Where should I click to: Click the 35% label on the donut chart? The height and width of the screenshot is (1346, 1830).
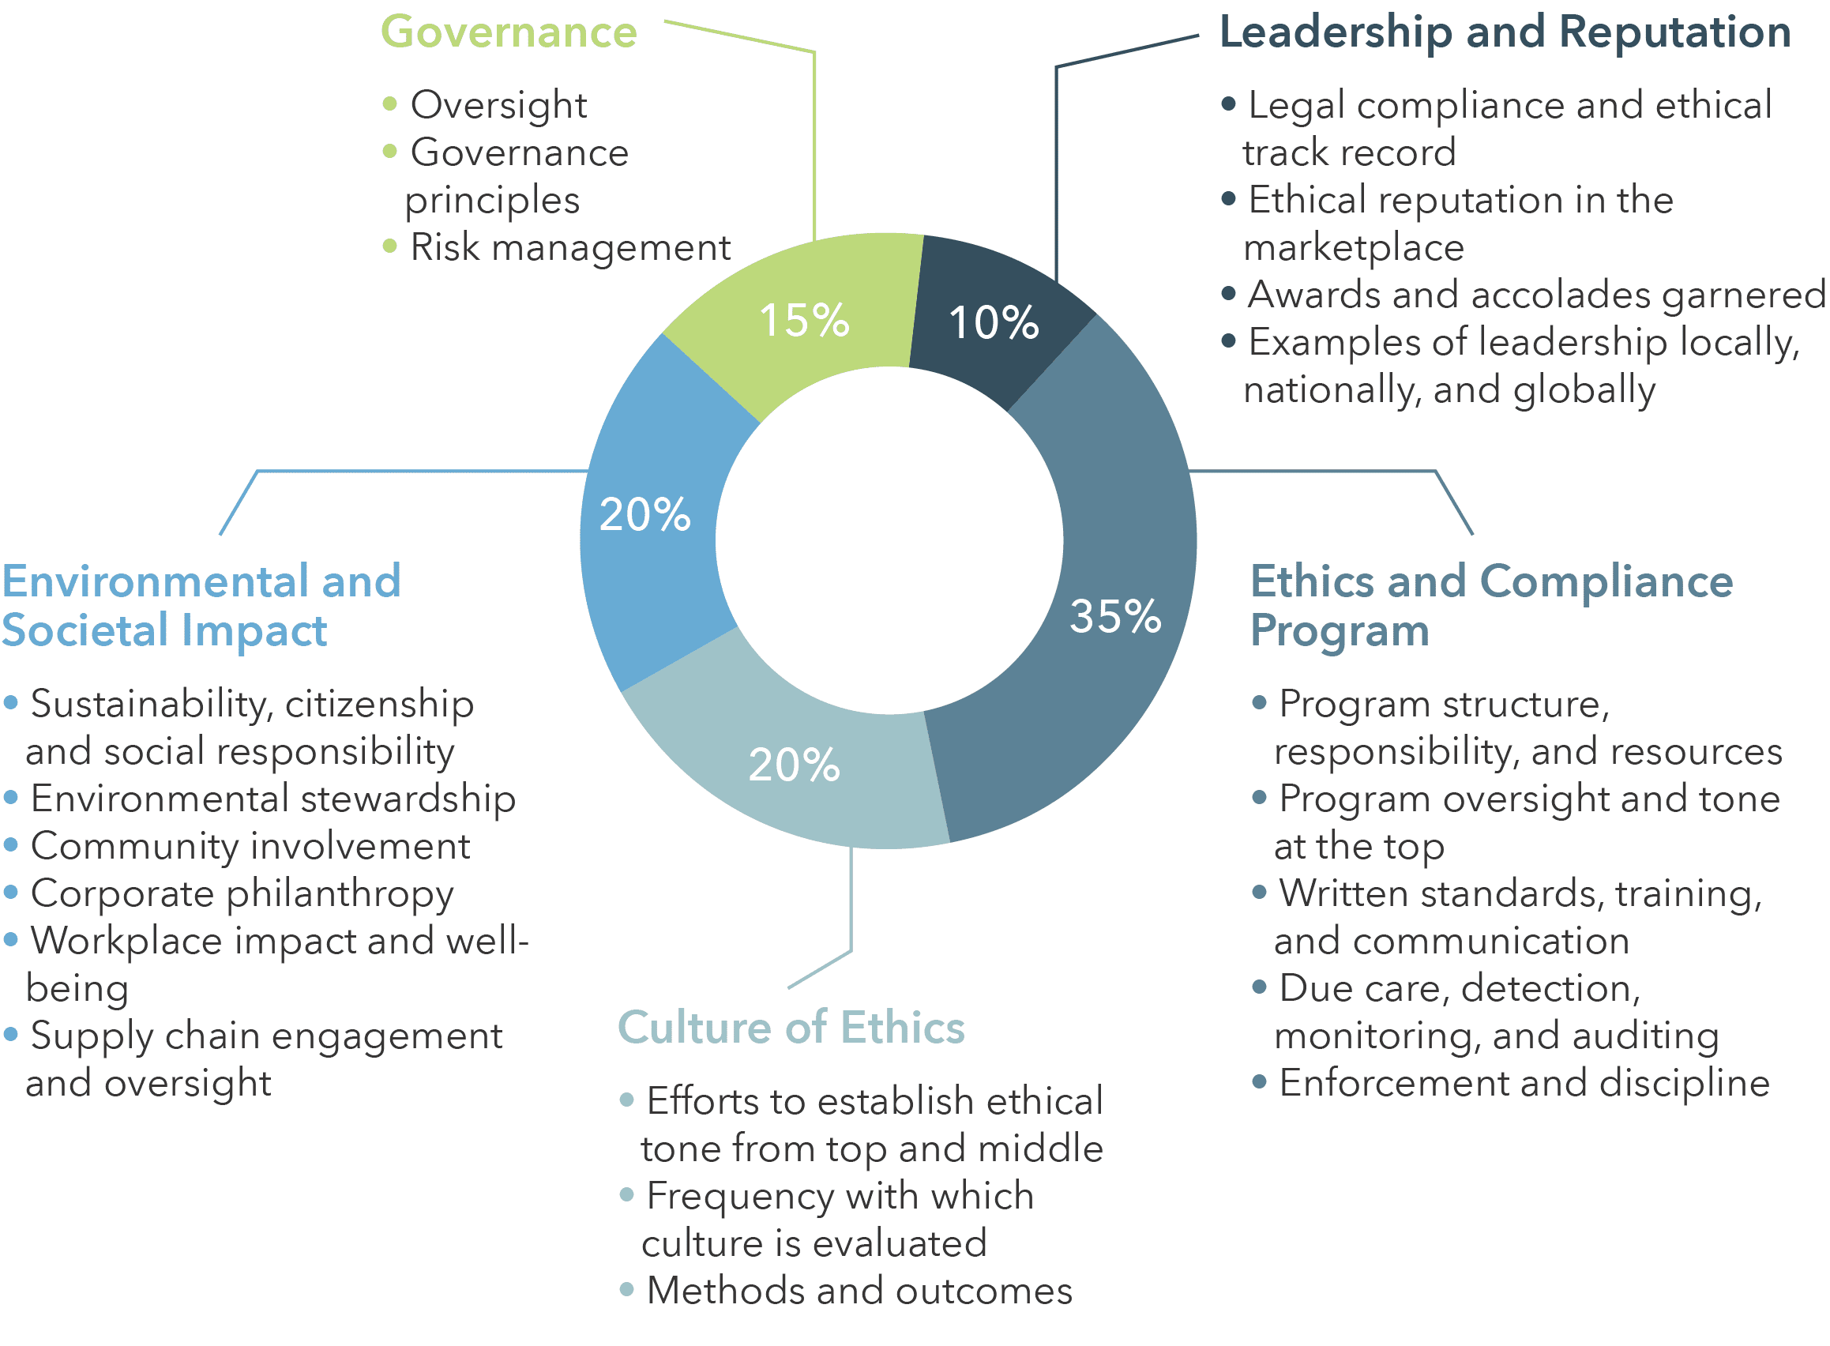pos(1114,616)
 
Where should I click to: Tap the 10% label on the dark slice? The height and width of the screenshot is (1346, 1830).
pos(994,321)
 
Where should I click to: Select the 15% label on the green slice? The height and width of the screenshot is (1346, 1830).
pos(803,319)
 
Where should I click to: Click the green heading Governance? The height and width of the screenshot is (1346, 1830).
pos(509,32)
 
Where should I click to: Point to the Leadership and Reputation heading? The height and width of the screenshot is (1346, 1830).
pos(1504,32)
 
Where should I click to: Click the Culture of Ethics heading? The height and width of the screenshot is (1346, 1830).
pos(791,1027)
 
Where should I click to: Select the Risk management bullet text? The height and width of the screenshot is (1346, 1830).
pos(569,248)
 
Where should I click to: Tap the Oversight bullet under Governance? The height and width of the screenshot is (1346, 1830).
pos(498,105)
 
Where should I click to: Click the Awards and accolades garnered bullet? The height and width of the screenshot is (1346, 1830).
pos(1536,295)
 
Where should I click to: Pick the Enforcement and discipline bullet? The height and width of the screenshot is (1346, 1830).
pos(1524,1083)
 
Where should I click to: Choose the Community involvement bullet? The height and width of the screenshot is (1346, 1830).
pos(250,846)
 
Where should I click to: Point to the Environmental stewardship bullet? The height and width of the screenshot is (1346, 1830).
pos(273,799)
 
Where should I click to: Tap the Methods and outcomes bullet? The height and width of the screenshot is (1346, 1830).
pos(859,1291)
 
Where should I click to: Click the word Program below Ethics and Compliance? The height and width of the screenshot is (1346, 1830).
pos(1339,630)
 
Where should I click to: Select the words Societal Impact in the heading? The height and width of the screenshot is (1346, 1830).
pos(163,630)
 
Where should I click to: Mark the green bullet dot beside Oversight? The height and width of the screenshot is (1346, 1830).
pos(389,103)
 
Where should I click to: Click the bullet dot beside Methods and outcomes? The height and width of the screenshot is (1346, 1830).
pos(626,1289)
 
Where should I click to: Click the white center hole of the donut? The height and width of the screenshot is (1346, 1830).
pos(888,540)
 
